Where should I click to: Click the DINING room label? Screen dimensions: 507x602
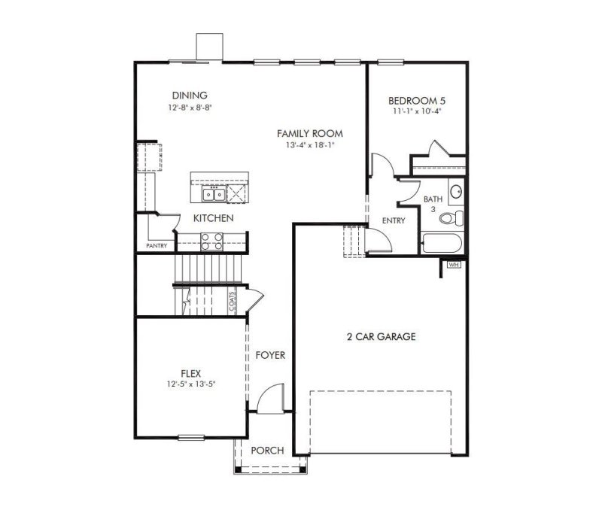[x=190, y=96]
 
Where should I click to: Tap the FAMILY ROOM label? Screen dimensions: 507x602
[x=309, y=133]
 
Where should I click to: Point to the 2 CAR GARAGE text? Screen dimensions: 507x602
[x=376, y=337]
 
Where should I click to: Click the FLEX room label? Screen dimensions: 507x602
[x=191, y=372]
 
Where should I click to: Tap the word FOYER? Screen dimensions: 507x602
[x=270, y=355]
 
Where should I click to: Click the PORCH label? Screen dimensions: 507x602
[x=268, y=451]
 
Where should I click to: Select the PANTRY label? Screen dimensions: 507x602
[x=156, y=245]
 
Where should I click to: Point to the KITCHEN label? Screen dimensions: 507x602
[x=213, y=218]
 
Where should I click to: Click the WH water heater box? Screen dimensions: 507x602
[x=454, y=265]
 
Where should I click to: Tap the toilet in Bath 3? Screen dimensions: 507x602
[x=452, y=218]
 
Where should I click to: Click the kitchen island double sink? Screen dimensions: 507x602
[x=213, y=195]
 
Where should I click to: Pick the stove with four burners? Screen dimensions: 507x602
[x=211, y=241]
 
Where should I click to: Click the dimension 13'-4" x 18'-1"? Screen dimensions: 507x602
[x=309, y=145]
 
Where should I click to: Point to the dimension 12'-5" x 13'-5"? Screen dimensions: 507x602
[x=191, y=384]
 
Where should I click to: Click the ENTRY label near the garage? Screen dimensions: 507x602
[x=394, y=221]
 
